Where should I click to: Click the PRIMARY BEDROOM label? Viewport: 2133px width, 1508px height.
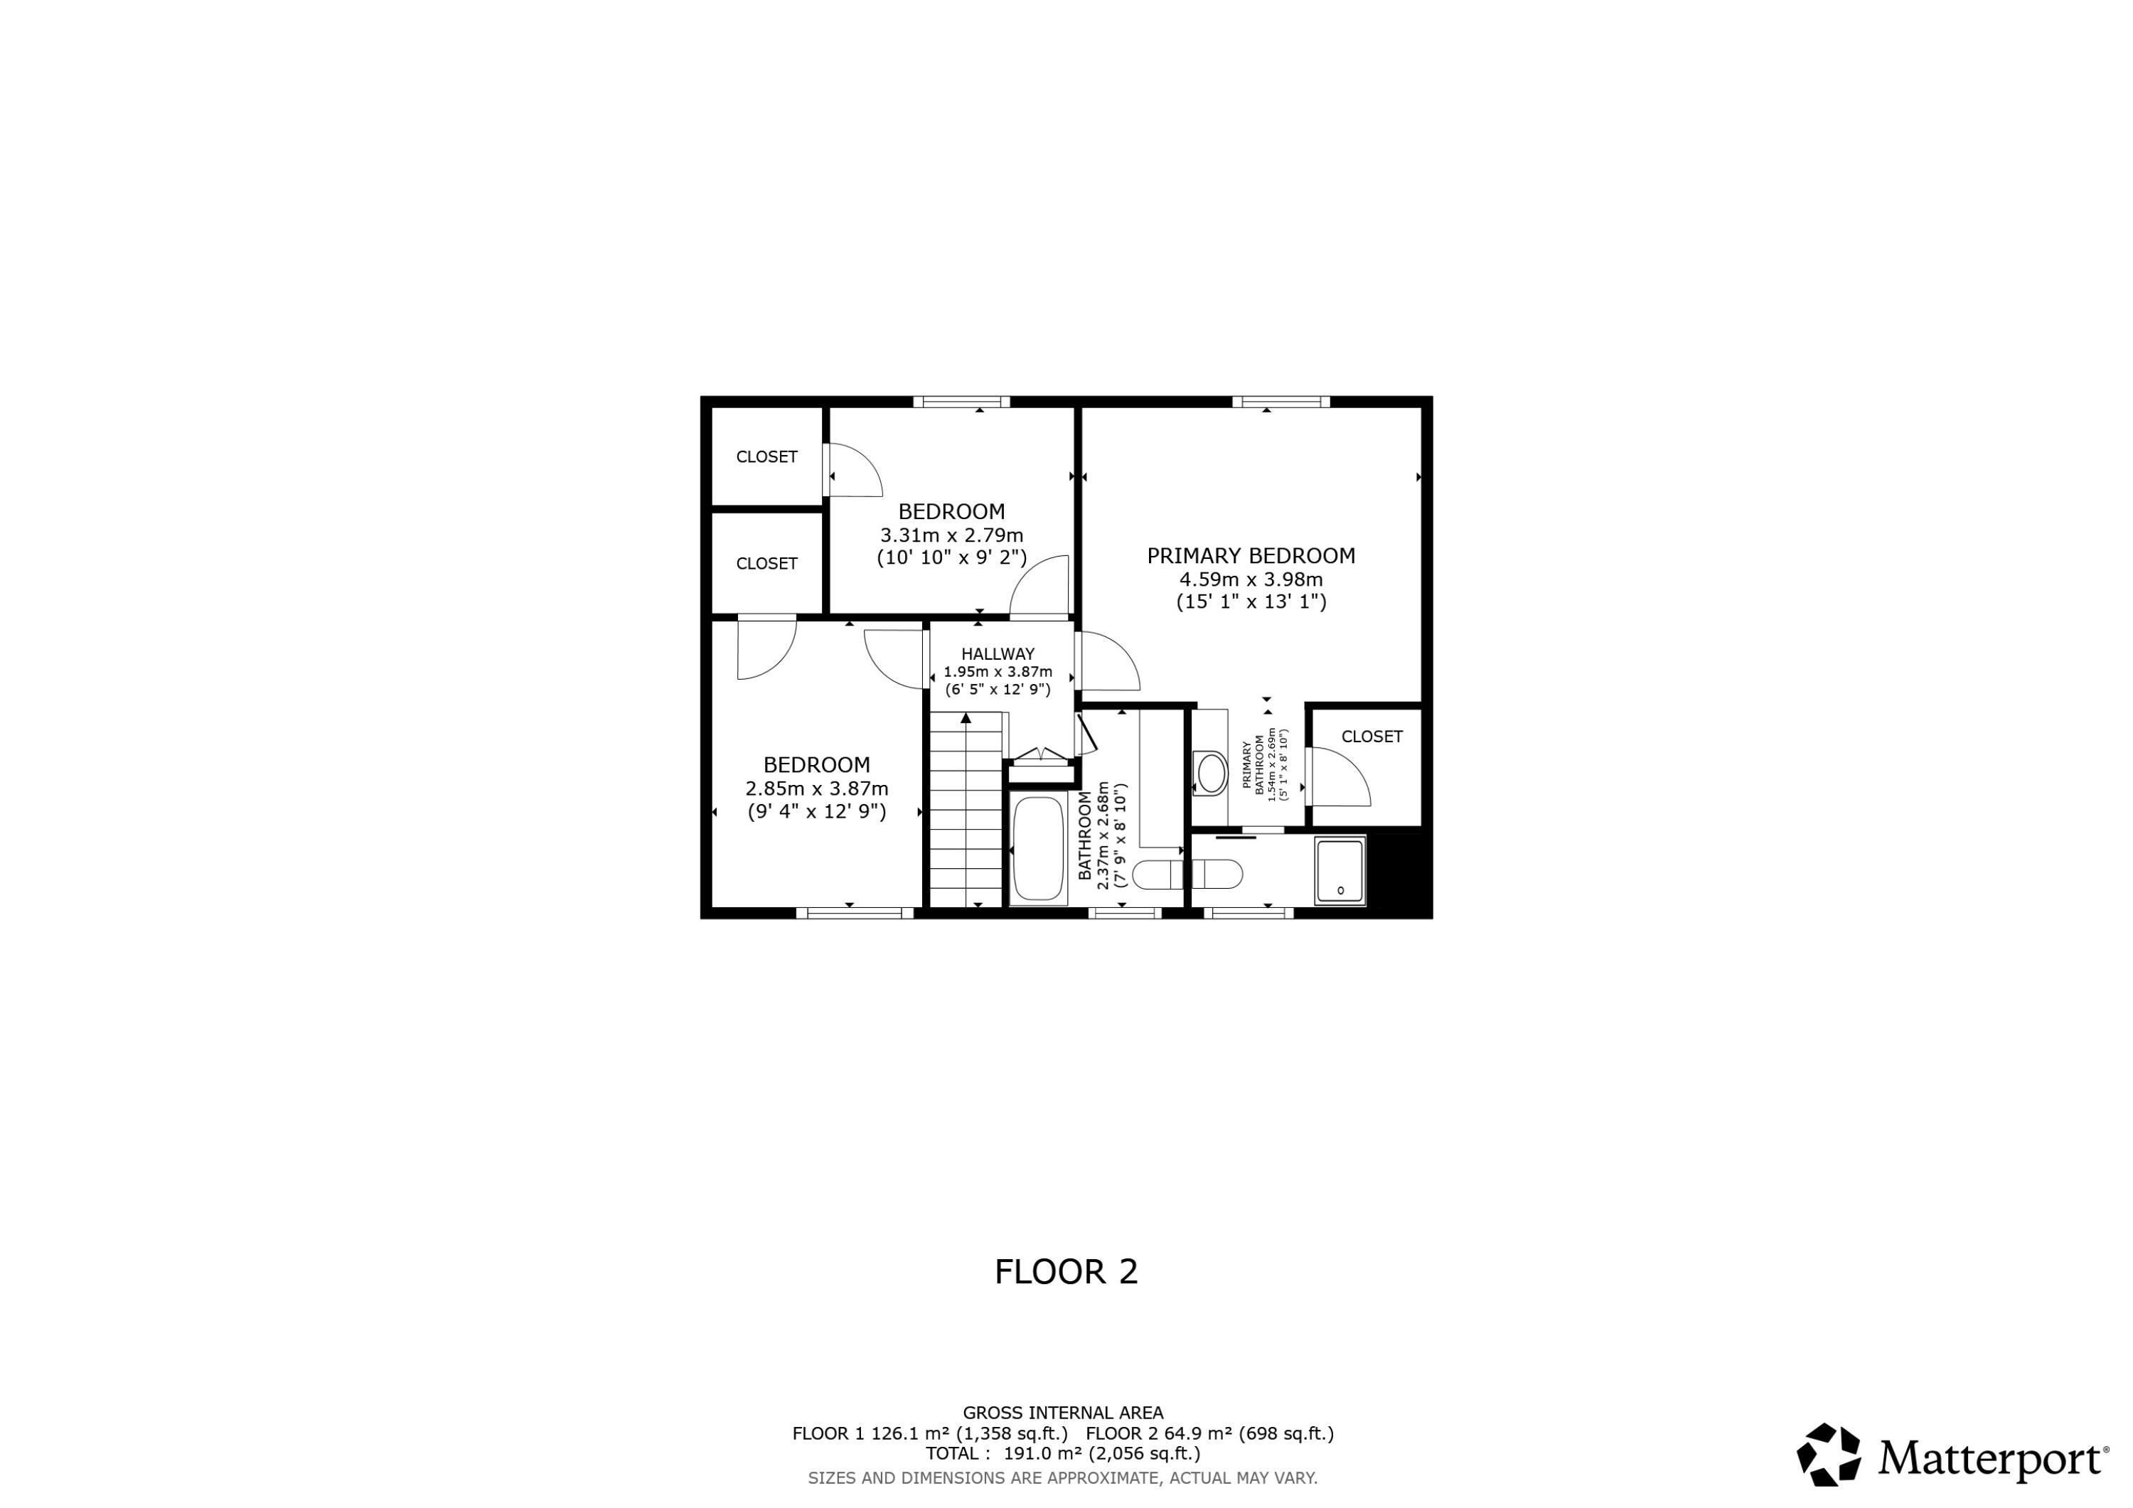pyautogui.click(x=1251, y=555)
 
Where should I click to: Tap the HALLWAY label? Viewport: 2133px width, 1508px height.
pyautogui.click(x=998, y=654)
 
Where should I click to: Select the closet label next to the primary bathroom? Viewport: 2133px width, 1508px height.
pyautogui.click(x=1372, y=737)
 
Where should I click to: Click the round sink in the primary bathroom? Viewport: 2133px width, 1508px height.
pyautogui.click(x=1212, y=773)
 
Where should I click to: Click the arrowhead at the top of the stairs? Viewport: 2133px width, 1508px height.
pyautogui.click(x=966, y=717)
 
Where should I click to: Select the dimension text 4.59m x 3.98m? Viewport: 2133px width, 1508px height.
pyautogui.click(x=1251, y=579)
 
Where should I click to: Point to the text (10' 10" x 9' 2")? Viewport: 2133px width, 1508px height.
pyautogui.click(x=951, y=557)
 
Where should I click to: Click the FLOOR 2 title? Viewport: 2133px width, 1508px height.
pyautogui.click(x=1066, y=1272)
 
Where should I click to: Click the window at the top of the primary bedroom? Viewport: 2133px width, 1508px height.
pyautogui.click(x=1281, y=402)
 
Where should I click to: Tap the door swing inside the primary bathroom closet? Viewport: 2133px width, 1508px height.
pyautogui.click(x=1342, y=779)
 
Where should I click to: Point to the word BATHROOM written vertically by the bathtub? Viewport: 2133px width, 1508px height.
pyautogui.click(x=1085, y=835)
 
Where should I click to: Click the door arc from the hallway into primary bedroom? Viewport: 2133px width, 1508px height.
pyautogui.click(x=1110, y=661)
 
